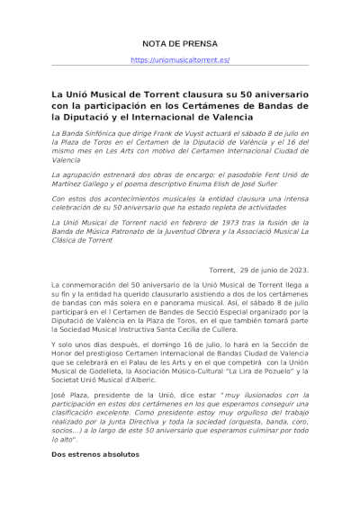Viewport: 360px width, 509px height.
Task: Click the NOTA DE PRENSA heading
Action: pyautogui.click(x=180, y=43)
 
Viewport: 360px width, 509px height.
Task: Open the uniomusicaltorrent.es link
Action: pyautogui.click(x=180, y=60)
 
